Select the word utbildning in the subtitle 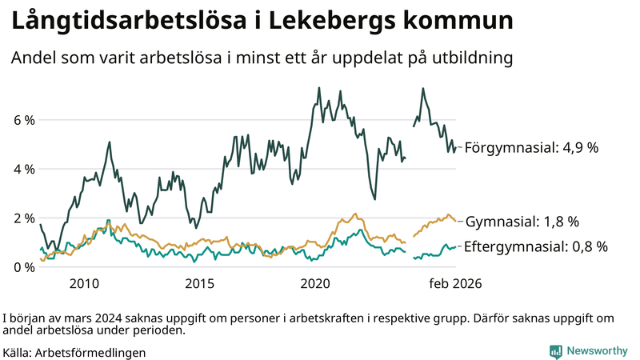click(470, 58)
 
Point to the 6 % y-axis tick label click(22, 120)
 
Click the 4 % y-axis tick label click(22, 169)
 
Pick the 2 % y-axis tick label click(22, 218)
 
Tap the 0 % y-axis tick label click(22, 266)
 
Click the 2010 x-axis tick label click(85, 283)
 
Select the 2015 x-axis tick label click(199, 283)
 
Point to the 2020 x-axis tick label click(315, 283)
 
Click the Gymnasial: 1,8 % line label click(522, 222)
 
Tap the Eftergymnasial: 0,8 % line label click(536, 246)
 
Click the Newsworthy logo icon click(555, 351)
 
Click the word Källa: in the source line click(18, 352)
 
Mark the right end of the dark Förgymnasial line click(457, 147)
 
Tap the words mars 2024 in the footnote click(93, 317)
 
